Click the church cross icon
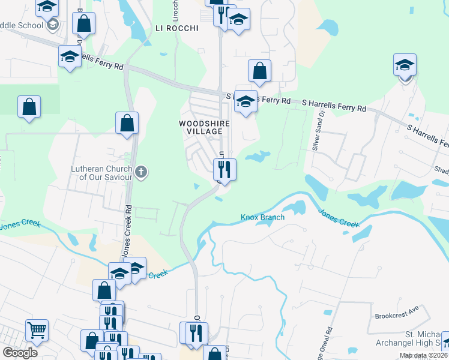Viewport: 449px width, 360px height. coord(141,173)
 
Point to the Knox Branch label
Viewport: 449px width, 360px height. coord(262,217)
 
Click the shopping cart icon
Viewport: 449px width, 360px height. coord(37,329)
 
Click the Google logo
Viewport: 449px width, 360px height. coord(20,353)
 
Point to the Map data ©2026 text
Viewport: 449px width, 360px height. coord(423,355)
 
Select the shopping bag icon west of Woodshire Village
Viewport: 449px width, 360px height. coord(127,123)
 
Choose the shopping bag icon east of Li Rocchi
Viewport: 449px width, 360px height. coord(259,71)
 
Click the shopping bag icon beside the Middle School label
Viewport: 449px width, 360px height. coord(84,24)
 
